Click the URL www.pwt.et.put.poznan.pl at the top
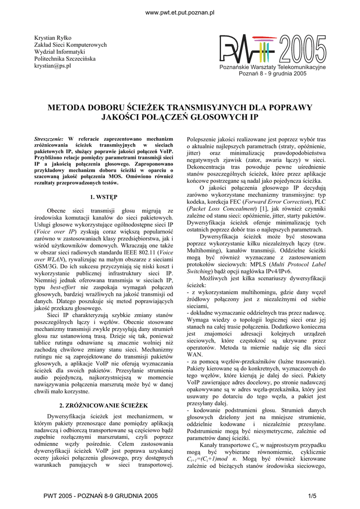(x=179, y=12)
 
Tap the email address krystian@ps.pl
(x=52, y=66)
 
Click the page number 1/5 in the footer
(x=312, y=496)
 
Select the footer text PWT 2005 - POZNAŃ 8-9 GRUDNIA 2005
(x=101, y=496)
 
